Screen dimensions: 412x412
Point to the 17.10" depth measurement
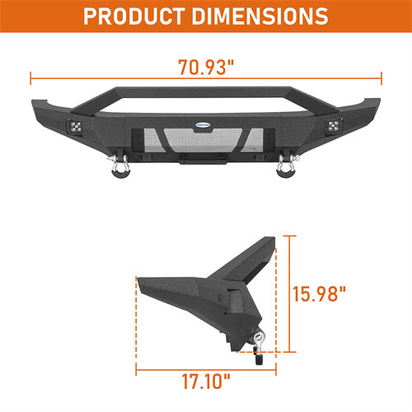point(206,382)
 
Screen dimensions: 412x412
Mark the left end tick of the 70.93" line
point(31,80)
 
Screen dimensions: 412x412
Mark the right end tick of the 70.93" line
point(382,80)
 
